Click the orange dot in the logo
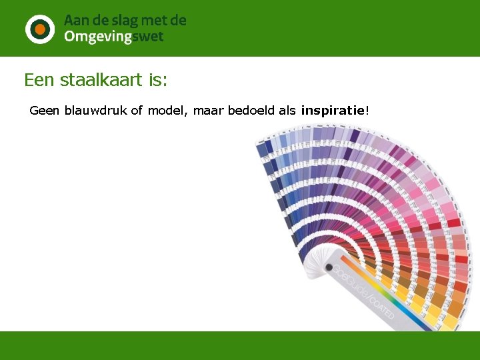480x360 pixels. click(40, 29)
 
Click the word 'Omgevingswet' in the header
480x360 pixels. click(113, 37)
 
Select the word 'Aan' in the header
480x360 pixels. click(75, 21)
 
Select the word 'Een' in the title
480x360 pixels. click(39, 81)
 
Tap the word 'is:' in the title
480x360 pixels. click(158, 81)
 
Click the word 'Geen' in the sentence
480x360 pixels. click(45, 110)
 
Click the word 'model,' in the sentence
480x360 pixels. click(168, 110)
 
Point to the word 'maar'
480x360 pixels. click(208, 110)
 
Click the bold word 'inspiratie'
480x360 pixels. click(333, 110)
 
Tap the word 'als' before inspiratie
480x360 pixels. click(287, 110)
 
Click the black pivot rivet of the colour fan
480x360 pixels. click(329, 268)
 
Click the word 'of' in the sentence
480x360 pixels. click(137, 110)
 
